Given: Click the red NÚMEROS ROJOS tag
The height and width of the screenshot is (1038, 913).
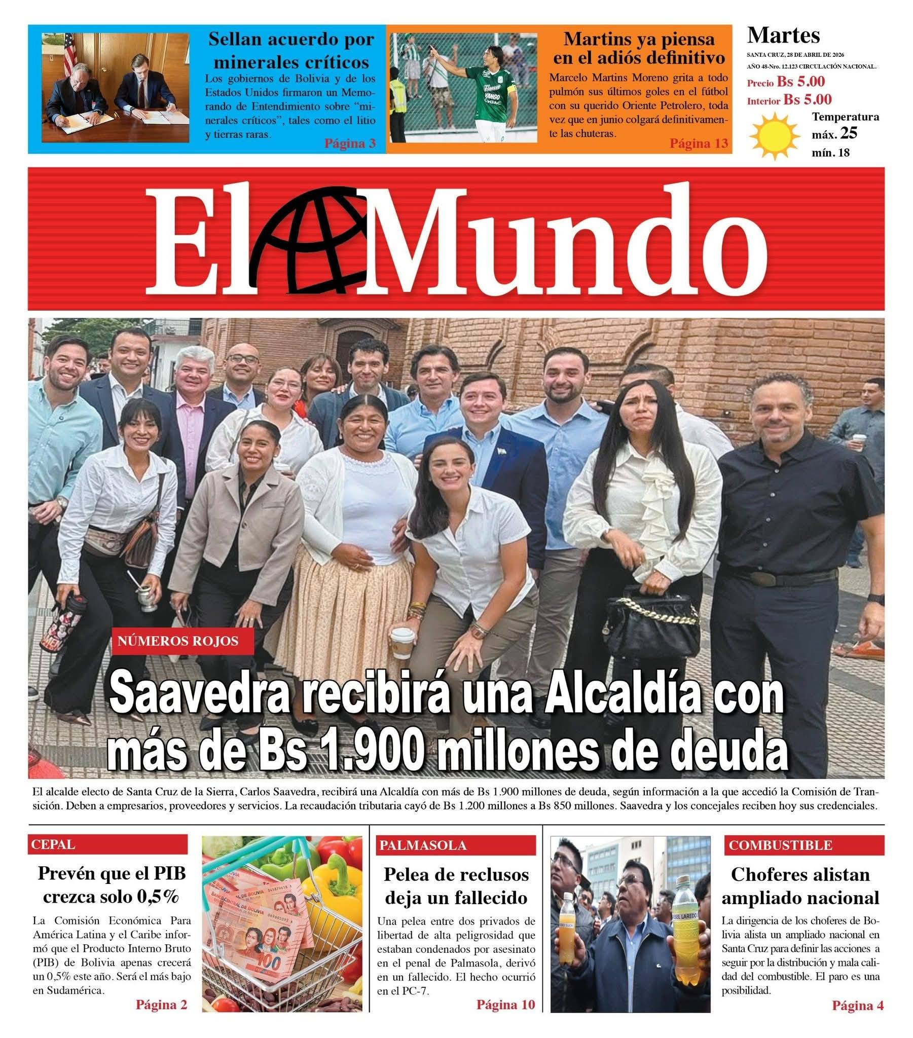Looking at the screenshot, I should [178, 641].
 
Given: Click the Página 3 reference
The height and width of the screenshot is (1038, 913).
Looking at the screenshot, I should [350, 144].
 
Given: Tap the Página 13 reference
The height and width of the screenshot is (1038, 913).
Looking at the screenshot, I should [699, 144].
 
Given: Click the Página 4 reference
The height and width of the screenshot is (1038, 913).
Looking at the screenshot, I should [858, 1005].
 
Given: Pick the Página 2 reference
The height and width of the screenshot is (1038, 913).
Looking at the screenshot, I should [162, 1005].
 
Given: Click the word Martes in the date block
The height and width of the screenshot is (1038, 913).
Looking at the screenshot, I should [783, 35].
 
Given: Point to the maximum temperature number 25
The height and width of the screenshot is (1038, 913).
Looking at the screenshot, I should [849, 133].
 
